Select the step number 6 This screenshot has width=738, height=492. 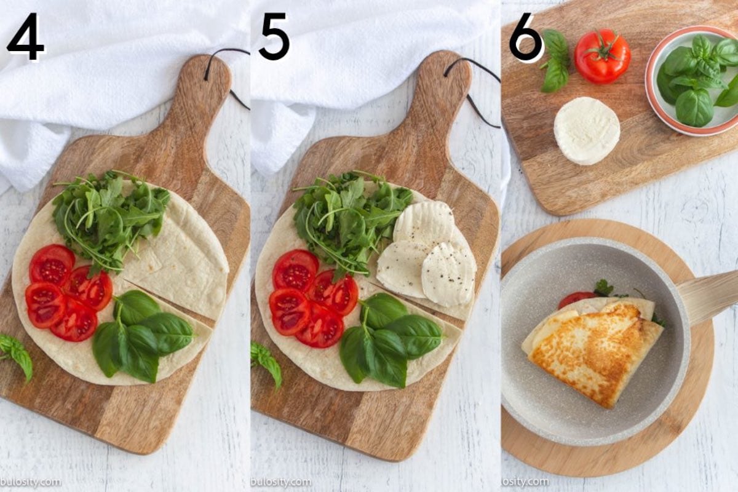coord(526,39)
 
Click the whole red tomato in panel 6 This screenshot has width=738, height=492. coord(602,56)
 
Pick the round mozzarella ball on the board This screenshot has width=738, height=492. coord(587,130)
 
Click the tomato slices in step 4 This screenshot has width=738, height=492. coord(68,292)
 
